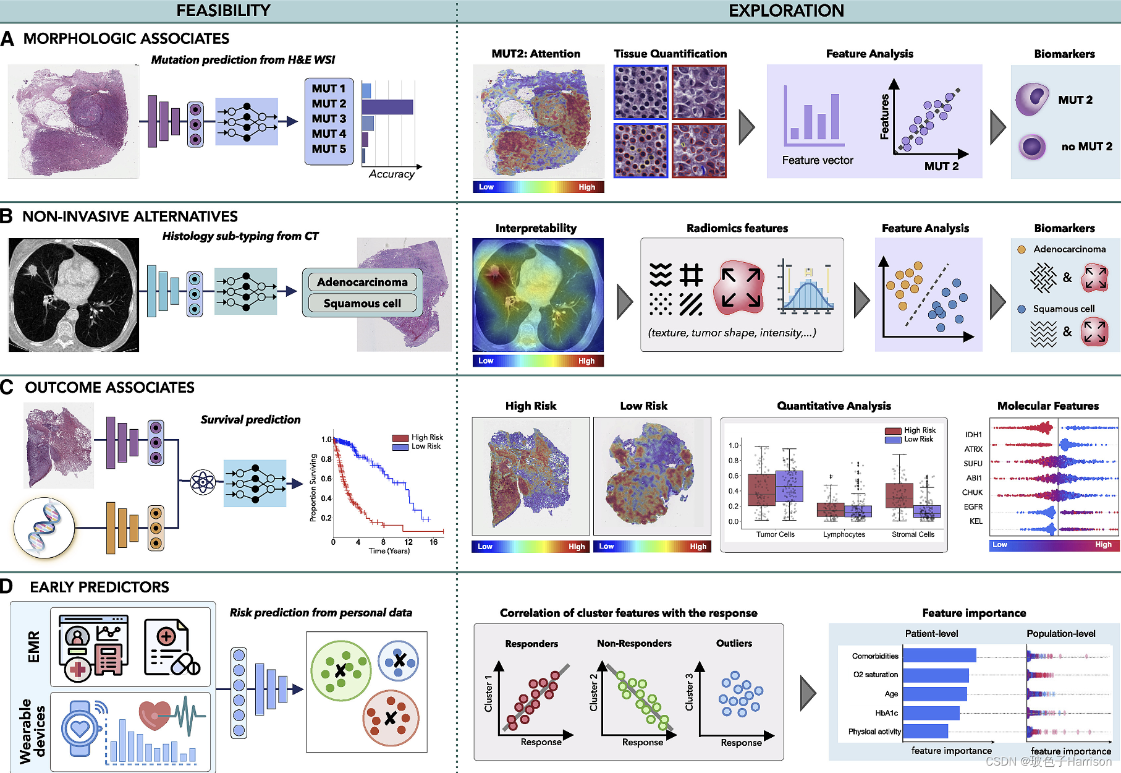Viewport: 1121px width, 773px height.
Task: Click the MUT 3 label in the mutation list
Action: [x=329, y=119]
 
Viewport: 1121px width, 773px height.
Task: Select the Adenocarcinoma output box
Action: [x=362, y=282]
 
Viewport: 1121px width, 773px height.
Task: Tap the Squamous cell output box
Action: [x=362, y=304]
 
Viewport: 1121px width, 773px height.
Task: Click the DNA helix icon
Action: [x=44, y=527]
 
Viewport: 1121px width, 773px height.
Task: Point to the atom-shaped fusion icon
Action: [x=203, y=482]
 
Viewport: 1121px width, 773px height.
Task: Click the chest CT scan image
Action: [x=74, y=295]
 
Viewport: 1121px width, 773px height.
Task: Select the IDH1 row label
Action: [x=973, y=435]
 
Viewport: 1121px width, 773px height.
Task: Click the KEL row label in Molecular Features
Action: [x=976, y=521]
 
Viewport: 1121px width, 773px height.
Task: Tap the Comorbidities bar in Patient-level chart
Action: [x=939, y=656]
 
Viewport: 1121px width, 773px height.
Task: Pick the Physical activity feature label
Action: [x=874, y=732]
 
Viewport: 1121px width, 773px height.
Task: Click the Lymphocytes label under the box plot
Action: [x=844, y=534]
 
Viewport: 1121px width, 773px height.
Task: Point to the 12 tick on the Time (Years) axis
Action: [x=408, y=542]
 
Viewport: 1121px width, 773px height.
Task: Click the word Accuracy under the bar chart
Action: [x=391, y=174]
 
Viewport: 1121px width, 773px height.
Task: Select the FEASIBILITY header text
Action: [x=223, y=11]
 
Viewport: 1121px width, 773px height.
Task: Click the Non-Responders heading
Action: [x=634, y=644]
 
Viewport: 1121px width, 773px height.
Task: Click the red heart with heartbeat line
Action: [x=155, y=714]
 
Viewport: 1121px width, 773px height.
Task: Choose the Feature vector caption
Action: [x=817, y=161]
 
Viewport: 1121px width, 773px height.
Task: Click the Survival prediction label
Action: [x=250, y=420]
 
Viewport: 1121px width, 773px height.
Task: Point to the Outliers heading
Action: [x=734, y=644]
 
